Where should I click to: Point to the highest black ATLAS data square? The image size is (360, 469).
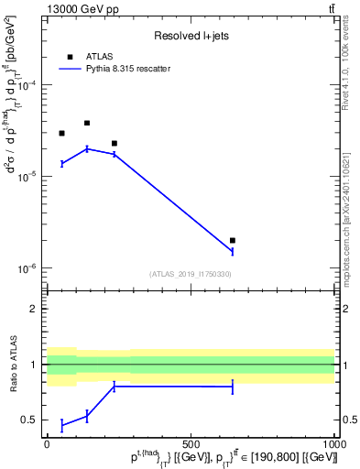pyautogui.click(x=87, y=123)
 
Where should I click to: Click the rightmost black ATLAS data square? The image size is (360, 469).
pyautogui.click(x=233, y=240)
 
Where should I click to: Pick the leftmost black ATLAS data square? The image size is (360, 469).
pyautogui.click(x=61, y=133)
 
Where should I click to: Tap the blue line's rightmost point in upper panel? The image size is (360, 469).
pyautogui.click(x=233, y=250)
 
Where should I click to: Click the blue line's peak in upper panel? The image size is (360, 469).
pyautogui.click(x=87, y=148)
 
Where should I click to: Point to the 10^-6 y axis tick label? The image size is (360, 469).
pyautogui.click(x=29, y=268)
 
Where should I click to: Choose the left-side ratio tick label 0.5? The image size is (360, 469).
pyautogui.click(x=31, y=420)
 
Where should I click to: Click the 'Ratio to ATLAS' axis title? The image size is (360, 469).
pyautogui.click(x=13, y=365)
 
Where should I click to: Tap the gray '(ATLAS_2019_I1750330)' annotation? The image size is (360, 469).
pyautogui.click(x=191, y=274)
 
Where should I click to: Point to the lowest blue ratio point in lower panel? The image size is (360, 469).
pyautogui.click(x=61, y=425)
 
